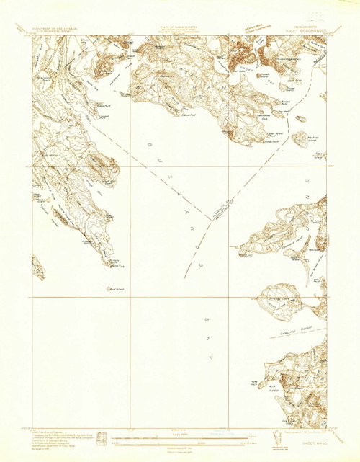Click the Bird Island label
112,290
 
